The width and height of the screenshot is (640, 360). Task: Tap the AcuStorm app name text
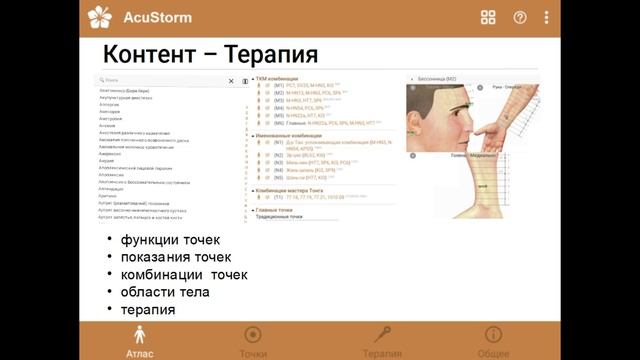tap(157, 17)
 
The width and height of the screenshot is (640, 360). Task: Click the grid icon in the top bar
tap(488, 17)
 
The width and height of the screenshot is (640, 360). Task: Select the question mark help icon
tap(519, 17)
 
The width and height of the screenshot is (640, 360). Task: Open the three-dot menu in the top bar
tap(546, 17)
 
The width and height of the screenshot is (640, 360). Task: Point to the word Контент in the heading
tap(149, 53)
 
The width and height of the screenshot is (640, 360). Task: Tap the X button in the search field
tap(231, 81)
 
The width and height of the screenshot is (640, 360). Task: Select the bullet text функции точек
tap(170, 240)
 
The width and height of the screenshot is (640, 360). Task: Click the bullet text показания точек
tap(176, 257)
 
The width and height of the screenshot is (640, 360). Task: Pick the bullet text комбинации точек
tap(183, 275)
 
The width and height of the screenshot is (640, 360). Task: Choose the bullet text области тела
tap(165, 292)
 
